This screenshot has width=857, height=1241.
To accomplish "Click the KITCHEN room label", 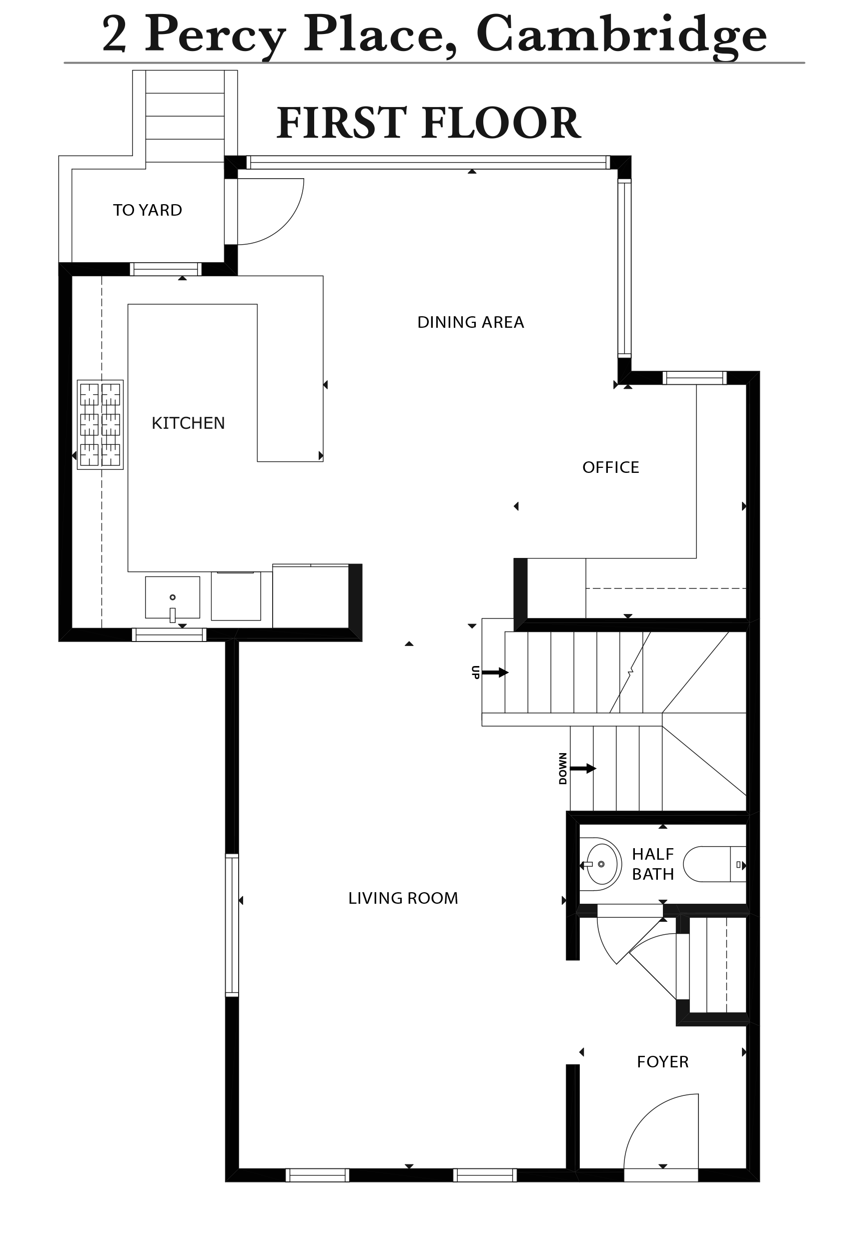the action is point(188,423).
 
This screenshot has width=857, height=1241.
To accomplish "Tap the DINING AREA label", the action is point(470,322).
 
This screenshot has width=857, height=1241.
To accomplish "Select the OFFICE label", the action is point(610,467).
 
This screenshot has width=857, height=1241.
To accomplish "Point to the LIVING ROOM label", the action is point(403,898).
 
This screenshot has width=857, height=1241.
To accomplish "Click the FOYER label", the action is point(662,1062).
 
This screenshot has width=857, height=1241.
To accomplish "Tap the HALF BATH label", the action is point(652,864).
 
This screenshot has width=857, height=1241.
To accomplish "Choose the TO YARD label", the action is point(147,210).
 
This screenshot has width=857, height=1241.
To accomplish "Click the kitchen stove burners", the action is point(101,425).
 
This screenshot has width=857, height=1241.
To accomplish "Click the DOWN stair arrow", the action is point(583,769).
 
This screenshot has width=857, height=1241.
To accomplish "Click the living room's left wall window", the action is point(232,925).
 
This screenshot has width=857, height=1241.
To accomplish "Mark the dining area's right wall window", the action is point(624,268).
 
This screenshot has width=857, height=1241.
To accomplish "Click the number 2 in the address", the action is point(115,35).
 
